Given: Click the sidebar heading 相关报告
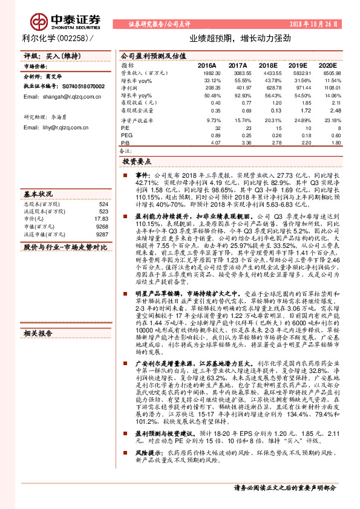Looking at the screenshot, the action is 38,332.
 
